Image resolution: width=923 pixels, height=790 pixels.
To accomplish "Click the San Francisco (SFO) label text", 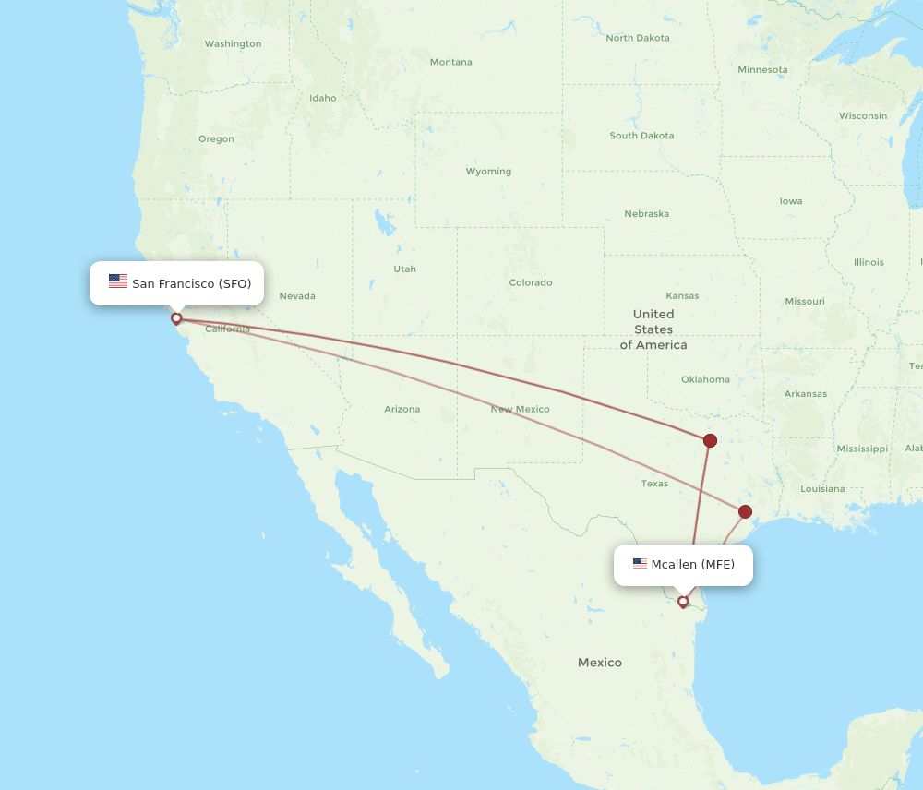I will (191, 283).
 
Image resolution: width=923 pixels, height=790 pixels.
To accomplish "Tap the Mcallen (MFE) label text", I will (692, 564).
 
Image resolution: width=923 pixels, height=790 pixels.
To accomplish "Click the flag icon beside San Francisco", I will (118, 281).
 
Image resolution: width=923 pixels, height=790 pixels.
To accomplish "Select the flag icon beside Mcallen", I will (640, 563).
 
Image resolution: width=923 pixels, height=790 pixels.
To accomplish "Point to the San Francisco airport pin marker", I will (176, 318).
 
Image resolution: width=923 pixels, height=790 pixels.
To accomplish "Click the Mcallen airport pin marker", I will (683, 602).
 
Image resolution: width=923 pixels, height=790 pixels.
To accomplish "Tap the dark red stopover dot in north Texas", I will (710, 440).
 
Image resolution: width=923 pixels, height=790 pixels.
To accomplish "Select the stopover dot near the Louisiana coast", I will (745, 511).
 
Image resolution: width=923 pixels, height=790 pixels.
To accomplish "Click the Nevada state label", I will (297, 296).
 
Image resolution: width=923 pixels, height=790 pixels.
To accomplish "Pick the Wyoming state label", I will (488, 171).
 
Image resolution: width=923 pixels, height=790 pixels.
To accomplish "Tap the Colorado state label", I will (531, 282).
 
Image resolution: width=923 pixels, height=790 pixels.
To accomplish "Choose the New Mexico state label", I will (520, 409).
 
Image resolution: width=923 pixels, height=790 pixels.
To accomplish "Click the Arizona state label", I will (402, 409).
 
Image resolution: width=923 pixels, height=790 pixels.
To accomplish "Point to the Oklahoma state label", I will (705, 379).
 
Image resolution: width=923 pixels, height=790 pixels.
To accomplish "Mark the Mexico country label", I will (600, 663).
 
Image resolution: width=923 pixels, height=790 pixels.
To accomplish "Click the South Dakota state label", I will (641, 136).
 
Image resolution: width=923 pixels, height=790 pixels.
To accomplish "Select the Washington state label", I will (233, 43).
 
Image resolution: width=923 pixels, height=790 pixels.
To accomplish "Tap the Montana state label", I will (450, 62).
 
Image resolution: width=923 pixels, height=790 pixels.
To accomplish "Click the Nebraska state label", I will (646, 213).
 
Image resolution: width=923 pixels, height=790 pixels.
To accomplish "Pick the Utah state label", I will (404, 269).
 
